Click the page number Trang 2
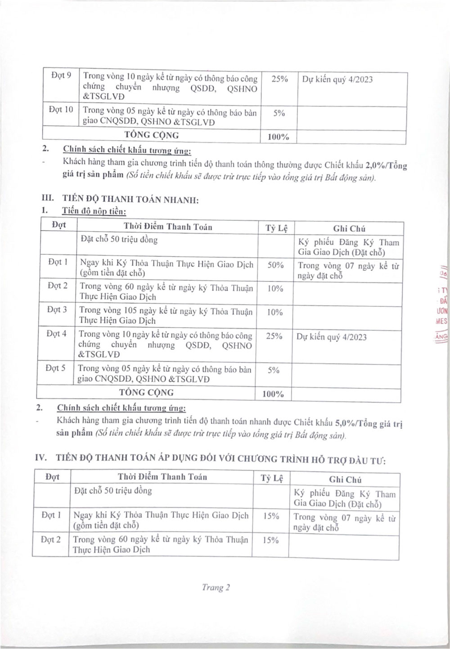pyautogui.click(x=216, y=587)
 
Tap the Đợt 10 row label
pyautogui.click(x=61, y=110)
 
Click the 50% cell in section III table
pyautogui.click(x=275, y=265)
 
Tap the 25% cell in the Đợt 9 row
pyautogui.click(x=279, y=79)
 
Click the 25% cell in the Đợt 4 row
pyautogui.click(x=274, y=336)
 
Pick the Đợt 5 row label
pyautogui.click(x=55, y=368)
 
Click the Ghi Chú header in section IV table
pyautogui.click(x=345, y=480)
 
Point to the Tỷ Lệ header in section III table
pyautogui.click(x=276, y=228)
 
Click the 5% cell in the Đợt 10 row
pyautogui.click(x=279, y=113)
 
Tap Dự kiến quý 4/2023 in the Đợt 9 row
pyautogui.click(x=337, y=80)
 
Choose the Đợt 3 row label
pyautogui.click(x=57, y=310)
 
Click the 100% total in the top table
pyautogui.click(x=278, y=137)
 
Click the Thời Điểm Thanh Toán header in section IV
pyautogui.click(x=162, y=477)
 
